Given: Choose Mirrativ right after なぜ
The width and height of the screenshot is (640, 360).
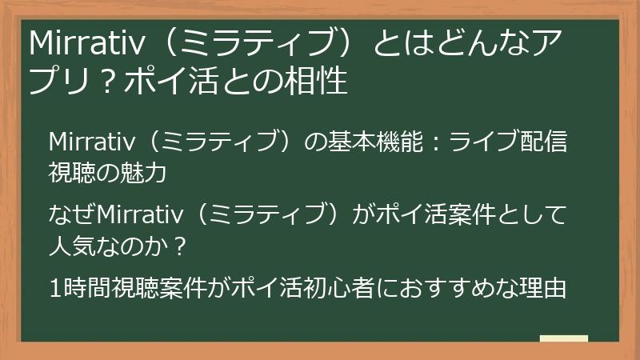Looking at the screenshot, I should coord(135,215).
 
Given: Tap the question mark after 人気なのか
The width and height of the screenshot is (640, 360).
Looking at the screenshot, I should coord(181,245).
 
